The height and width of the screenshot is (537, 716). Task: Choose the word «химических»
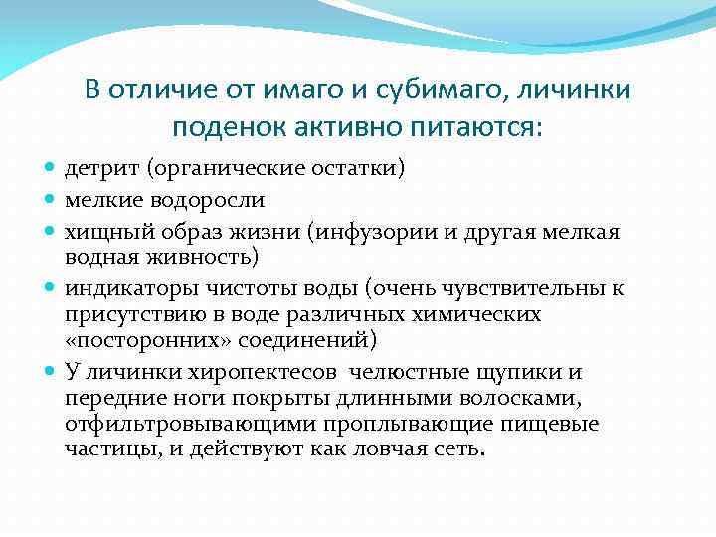(x=481, y=314)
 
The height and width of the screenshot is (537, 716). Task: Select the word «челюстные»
(x=405, y=372)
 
